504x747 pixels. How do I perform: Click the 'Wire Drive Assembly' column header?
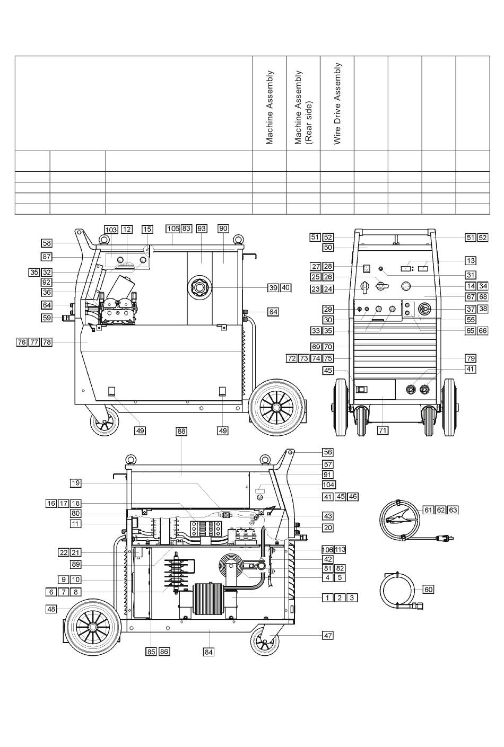(x=337, y=104)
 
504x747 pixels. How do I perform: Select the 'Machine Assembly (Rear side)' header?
(x=303, y=108)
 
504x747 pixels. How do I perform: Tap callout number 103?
(x=111, y=229)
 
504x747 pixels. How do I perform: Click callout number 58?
(x=47, y=243)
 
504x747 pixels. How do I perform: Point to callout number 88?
(x=181, y=432)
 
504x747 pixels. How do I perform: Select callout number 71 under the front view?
(x=383, y=430)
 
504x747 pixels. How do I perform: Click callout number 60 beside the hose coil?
(x=428, y=590)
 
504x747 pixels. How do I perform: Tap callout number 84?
(x=209, y=652)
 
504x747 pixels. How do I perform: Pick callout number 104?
(x=328, y=485)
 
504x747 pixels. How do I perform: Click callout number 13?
(x=471, y=260)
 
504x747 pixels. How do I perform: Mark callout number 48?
(x=51, y=609)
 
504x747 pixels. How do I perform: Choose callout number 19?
(x=76, y=483)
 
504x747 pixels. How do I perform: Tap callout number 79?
(x=471, y=358)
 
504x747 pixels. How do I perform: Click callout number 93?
(x=201, y=229)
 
